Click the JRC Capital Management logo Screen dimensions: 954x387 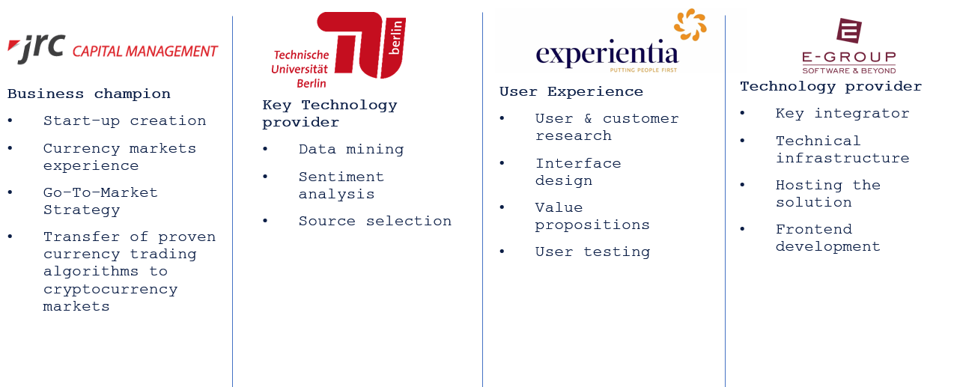pos(112,49)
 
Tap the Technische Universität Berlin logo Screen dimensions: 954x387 pos(338,50)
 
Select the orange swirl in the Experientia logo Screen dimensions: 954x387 pos(690,25)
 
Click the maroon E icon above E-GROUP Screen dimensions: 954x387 pos(849,30)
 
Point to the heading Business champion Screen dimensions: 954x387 pos(88,94)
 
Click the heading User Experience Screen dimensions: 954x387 pos(571,91)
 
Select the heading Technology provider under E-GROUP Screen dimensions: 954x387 pos(830,87)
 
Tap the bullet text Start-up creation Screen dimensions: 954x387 pos(124,121)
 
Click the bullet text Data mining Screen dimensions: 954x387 pos(351,150)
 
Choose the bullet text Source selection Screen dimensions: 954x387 pos(374,221)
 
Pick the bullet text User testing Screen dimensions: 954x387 pos(592,252)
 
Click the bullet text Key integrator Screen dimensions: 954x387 pos(842,114)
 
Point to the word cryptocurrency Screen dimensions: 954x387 pos(110,290)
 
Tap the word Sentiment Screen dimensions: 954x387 pos(341,177)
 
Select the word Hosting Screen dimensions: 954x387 pos(809,185)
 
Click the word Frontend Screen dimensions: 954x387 pos(814,230)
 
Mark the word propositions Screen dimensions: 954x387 pos(592,225)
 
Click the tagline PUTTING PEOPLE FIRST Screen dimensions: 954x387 pos(643,70)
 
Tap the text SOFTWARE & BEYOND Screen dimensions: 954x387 pos(849,70)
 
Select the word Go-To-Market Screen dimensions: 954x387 pos(100,192)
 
